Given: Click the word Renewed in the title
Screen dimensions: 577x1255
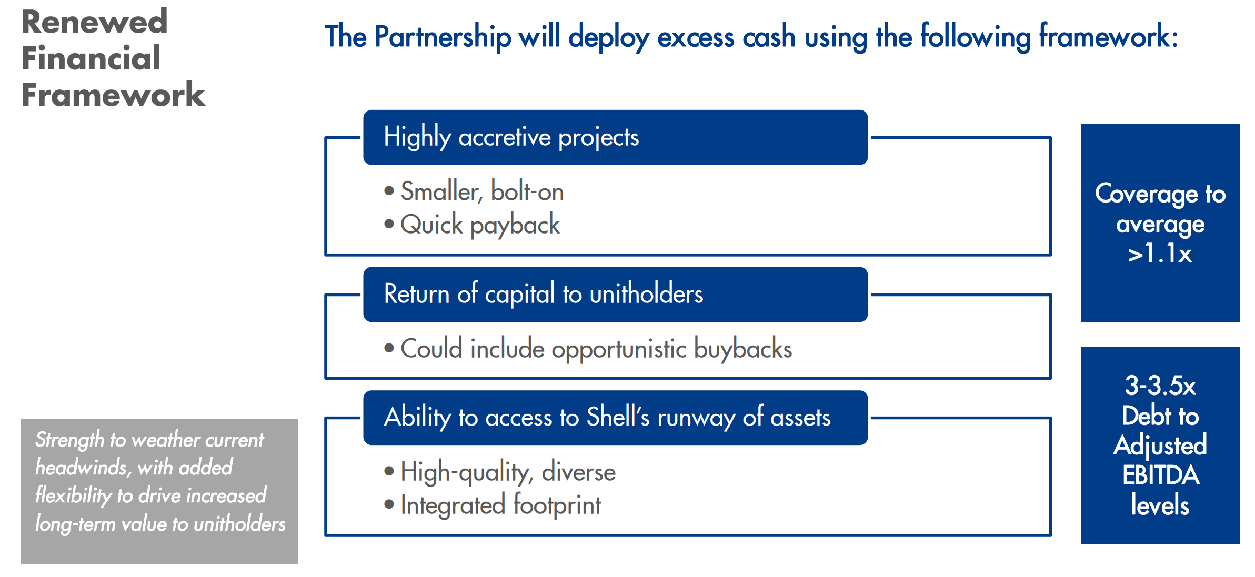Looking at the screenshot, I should coord(94,22).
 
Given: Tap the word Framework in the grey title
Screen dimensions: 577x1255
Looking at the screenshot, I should coord(113,95).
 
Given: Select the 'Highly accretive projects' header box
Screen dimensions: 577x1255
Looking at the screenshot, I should coord(615,137).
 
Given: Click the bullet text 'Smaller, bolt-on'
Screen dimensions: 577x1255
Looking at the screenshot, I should coord(481,191).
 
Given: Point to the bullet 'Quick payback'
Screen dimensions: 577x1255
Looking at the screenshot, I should coord(479,225).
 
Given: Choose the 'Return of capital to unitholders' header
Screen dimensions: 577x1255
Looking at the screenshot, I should coord(615,294).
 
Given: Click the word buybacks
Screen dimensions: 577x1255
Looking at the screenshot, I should coord(742,349).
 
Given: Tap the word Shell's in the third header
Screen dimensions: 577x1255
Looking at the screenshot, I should coord(618,417).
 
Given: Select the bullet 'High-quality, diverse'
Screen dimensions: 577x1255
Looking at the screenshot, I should coord(507,472).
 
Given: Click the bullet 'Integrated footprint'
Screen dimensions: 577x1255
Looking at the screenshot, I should coord(500,505).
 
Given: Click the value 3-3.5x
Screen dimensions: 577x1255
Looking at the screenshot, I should coord(1160,386).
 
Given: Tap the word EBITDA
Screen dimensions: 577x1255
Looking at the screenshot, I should coord(1160,475).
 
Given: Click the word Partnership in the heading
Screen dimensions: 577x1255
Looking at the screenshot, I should coord(443,37).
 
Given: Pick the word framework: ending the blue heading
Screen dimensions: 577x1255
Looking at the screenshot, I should coord(1108,37).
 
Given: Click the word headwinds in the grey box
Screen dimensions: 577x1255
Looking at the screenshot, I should coord(81,468).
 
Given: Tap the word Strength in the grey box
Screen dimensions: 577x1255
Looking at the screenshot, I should coord(69,440).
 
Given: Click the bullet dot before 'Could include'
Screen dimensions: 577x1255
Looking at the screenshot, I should coord(389,348).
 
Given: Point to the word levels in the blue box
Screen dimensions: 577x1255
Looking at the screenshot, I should coord(1160,505).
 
